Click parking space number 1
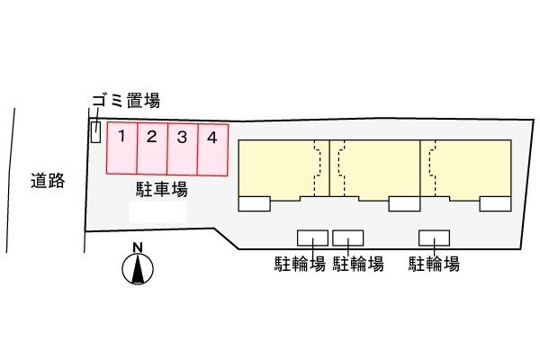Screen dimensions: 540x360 pos(121,148)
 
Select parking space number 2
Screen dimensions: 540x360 pos(152,148)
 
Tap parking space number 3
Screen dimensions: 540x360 pos(182,149)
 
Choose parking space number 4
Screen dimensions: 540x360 pos(212,150)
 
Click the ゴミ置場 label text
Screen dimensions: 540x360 pos(126,102)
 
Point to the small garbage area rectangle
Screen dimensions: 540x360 pos(95,132)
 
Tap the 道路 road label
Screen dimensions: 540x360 pos(48,181)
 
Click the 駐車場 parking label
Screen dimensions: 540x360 pos(162,189)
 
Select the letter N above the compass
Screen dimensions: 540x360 pos(138,247)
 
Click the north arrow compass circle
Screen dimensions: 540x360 pos(138,269)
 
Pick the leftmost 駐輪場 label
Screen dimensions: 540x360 pos(300,265)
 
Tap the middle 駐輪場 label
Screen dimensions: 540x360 pos(358,265)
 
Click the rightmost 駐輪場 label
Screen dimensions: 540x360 pos(434,265)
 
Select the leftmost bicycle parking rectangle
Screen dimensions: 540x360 pos(312,238)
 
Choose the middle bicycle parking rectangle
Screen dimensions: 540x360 pos(348,238)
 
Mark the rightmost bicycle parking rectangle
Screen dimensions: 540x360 pos(435,238)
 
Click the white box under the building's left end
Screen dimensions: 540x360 pos(255,204)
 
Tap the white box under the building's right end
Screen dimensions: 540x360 pos(495,204)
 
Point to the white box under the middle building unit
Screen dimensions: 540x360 pos(404,204)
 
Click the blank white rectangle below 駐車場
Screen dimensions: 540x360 pos(158,212)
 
